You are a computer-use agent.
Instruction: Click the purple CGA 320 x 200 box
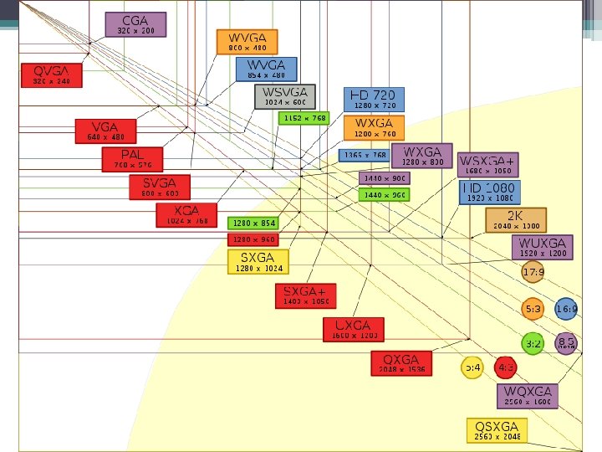click(x=135, y=24)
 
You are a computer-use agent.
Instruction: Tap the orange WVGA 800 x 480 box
click(x=247, y=42)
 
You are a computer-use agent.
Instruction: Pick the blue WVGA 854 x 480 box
click(x=266, y=69)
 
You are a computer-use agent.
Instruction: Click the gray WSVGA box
click(x=285, y=96)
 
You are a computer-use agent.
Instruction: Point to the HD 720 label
click(x=374, y=100)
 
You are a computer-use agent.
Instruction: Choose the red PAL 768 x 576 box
click(x=132, y=159)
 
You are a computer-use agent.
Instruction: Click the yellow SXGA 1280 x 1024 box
click(x=258, y=262)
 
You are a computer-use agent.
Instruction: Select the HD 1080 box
click(x=490, y=193)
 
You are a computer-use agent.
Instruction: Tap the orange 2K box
click(x=515, y=220)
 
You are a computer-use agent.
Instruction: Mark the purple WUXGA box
click(x=543, y=247)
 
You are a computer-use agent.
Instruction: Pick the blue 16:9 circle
click(x=566, y=310)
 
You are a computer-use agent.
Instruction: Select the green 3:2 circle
click(x=533, y=343)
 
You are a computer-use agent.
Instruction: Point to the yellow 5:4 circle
click(x=472, y=367)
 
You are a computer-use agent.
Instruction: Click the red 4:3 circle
click(x=505, y=367)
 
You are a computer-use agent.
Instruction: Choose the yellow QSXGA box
click(x=497, y=430)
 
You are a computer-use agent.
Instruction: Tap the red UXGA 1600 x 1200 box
click(x=353, y=329)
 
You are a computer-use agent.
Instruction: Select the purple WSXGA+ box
click(x=488, y=164)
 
